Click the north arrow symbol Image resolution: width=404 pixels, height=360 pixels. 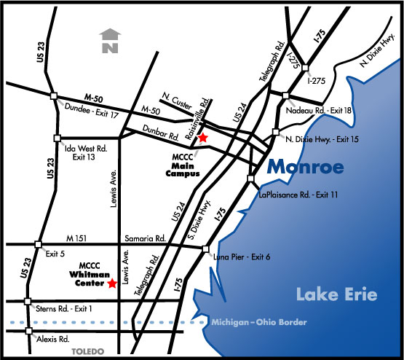point(109,42)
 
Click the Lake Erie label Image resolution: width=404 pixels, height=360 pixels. point(336,294)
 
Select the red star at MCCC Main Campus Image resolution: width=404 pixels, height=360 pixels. point(204,137)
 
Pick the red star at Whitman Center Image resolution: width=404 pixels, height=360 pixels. point(112,283)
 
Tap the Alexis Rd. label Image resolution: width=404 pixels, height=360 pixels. point(54,339)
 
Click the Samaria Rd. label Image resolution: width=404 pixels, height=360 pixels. point(148,238)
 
